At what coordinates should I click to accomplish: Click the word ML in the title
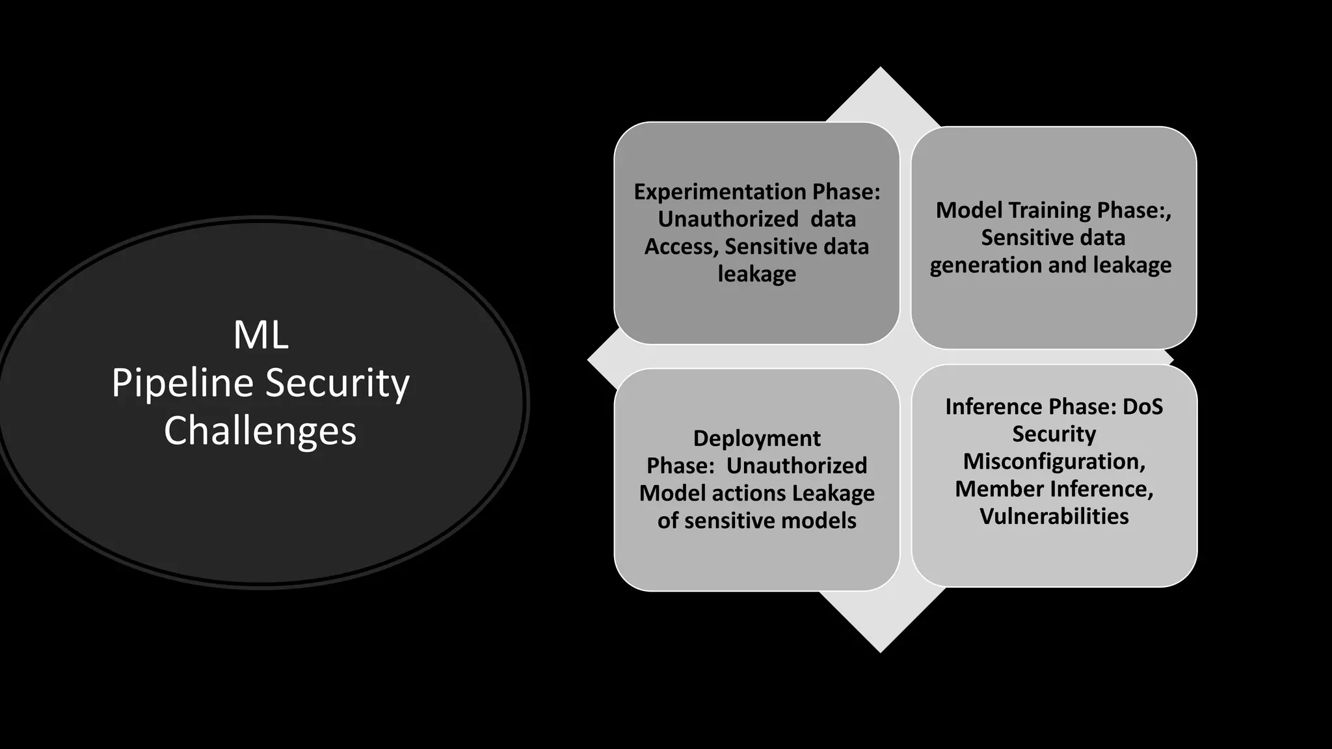coord(260,335)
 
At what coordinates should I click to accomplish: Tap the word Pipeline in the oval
coord(182,384)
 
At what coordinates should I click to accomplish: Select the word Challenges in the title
coord(260,431)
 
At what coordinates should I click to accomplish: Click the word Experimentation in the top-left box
coord(720,192)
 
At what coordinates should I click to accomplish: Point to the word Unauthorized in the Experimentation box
coord(728,219)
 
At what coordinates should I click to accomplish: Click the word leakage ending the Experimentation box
coord(756,274)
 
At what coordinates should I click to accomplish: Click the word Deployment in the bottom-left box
coord(756,438)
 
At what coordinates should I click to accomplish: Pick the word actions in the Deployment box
coord(749,493)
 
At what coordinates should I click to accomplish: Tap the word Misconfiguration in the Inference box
coord(1054,462)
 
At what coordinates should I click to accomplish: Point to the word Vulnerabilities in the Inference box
coord(1054,516)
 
